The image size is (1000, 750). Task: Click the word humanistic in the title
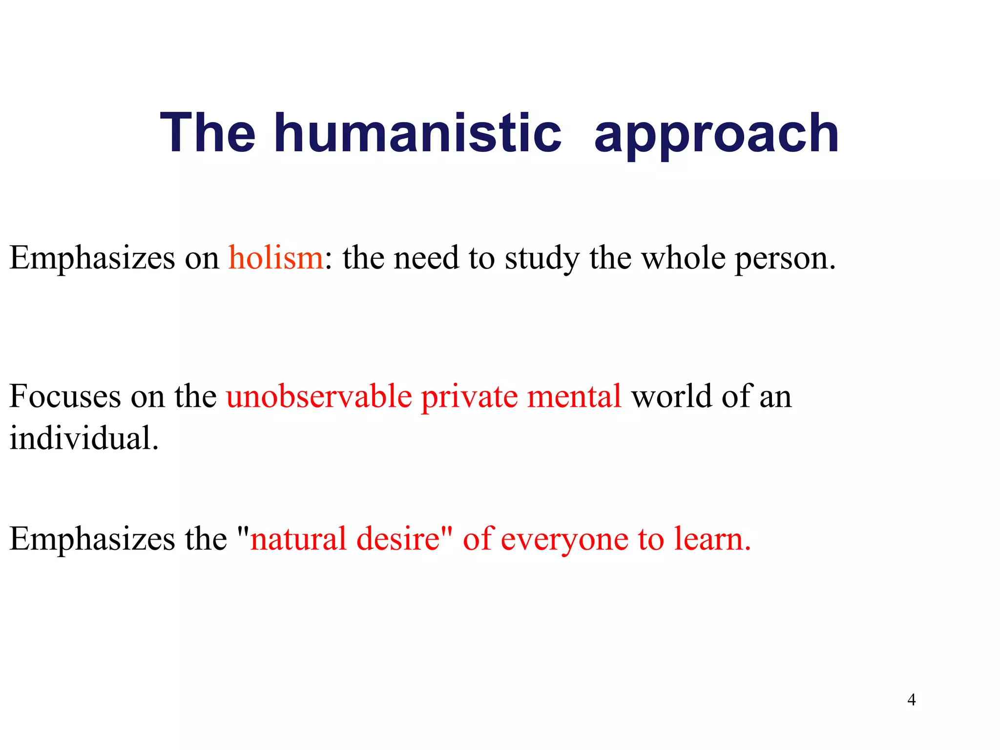(x=417, y=133)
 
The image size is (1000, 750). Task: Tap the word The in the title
(x=208, y=133)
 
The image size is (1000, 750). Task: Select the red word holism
(x=276, y=257)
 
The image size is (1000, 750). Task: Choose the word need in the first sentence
(x=426, y=257)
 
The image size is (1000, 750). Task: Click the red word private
(x=469, y=396)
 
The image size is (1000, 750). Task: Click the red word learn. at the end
(x=712, y=539)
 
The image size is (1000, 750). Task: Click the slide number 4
(x=911, y=700)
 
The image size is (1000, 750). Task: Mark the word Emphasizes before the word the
(x=92, y=540)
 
